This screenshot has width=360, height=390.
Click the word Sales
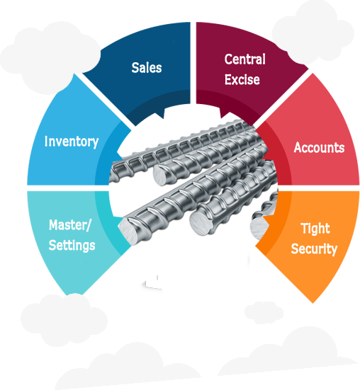tap(147, 68)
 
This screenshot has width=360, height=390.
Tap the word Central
tap(244, 59)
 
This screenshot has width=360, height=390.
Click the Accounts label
tap(319, 148)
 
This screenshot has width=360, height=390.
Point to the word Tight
tap(315, 229)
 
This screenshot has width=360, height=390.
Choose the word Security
tap(314, 248)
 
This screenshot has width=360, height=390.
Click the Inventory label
tap(72, 142)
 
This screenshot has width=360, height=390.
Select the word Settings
tap(72, 246)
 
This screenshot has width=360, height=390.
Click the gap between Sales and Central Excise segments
tap(193, 64)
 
